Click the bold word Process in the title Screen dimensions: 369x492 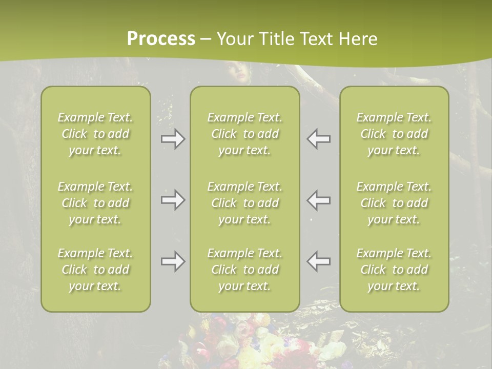161,39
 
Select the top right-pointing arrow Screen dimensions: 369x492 173,139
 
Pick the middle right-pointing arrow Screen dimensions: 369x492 173,200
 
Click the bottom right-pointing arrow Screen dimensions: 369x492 173,261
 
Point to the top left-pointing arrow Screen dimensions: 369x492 319,139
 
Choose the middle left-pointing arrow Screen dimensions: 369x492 319,200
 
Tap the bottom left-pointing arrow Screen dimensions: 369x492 319,261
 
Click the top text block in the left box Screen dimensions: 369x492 95,134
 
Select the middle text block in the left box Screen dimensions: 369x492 95,203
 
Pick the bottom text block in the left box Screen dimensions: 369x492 95,270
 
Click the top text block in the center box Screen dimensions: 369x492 245,134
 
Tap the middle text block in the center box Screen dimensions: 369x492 245,203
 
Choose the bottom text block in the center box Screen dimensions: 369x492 245,270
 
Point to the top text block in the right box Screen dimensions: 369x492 394,134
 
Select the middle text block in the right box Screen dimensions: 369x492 394,203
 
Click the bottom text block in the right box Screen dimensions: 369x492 394,270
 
